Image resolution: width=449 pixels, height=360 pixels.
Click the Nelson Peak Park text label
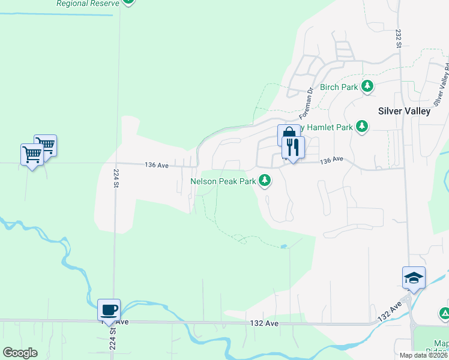tap(223, 181)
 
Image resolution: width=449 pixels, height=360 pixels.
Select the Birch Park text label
tap(339, 87)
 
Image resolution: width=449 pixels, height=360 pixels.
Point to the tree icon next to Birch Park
tap(367, 86)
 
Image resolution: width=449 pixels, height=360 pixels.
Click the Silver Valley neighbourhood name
tap(404, 110)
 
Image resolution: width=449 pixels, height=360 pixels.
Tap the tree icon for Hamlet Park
tap(361, 126)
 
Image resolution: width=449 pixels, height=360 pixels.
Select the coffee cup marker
tap(109, 310)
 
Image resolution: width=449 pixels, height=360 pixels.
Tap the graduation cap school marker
tap(414, 277)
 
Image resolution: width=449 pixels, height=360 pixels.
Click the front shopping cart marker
tap(32, 154)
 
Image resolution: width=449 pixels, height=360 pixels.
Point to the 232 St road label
tap(398, 35)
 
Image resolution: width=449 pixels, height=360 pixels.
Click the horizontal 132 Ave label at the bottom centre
tap(264, 323)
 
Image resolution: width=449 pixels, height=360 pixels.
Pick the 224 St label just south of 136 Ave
tap(116, 178)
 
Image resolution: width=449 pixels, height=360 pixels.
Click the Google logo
tap(20, 352)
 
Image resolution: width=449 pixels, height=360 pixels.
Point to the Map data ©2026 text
tap(423, 355)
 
